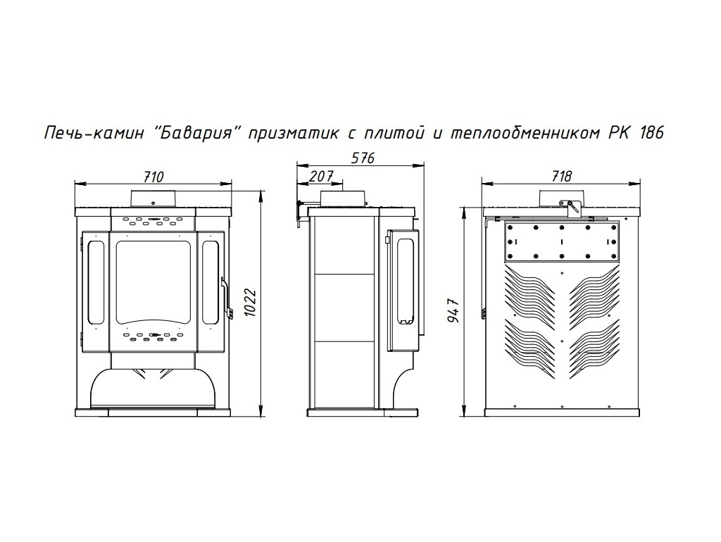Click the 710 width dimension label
153,176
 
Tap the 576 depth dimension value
363,158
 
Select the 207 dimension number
320,176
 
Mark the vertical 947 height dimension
454,310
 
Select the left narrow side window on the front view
98,281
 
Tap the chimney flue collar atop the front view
153,198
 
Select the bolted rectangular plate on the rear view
561,242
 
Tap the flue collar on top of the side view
343,198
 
